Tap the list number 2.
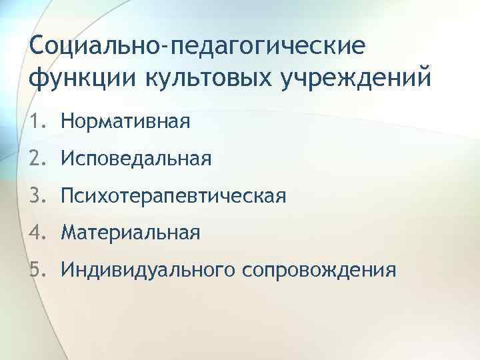click(x=37, y=159)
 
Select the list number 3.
click(x=37, y=196)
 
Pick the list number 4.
click(x=37, y=233)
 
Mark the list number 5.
click(x=37, y=270)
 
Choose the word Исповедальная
click(x=135, y=159)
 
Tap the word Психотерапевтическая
click(x=173, y=196)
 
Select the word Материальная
click(x=130, y=233)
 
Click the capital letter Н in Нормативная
click(x=67, y=121)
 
